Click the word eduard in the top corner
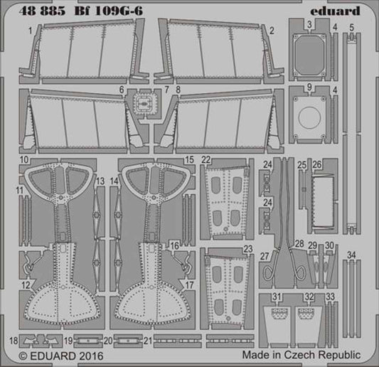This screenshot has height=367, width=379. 348,10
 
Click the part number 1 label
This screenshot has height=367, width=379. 29,31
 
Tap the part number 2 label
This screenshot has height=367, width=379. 272,31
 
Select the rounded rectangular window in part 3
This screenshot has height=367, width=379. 309,53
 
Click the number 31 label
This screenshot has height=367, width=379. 277,297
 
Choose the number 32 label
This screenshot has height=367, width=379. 309,297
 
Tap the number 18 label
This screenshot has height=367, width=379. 13,341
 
